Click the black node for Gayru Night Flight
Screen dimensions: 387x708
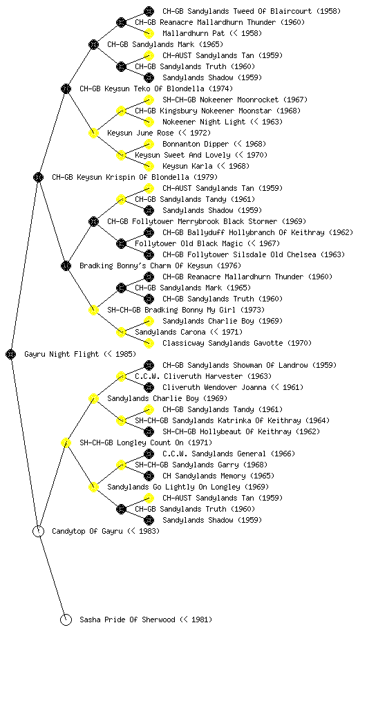point(11,355)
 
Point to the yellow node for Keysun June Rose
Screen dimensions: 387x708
point(93,133)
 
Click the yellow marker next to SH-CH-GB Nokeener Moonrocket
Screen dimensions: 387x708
point(149,100)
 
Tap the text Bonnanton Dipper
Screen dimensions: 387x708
point(196,144)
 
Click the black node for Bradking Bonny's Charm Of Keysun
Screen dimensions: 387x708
point(66,266)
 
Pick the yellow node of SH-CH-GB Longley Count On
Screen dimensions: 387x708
point(66,443)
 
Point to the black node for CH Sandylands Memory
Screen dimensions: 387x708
point(149,476)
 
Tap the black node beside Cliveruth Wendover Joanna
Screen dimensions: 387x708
point(149,387)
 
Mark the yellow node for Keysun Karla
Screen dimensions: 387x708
point(149,166)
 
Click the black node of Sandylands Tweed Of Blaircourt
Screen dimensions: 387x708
point(149,11)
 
